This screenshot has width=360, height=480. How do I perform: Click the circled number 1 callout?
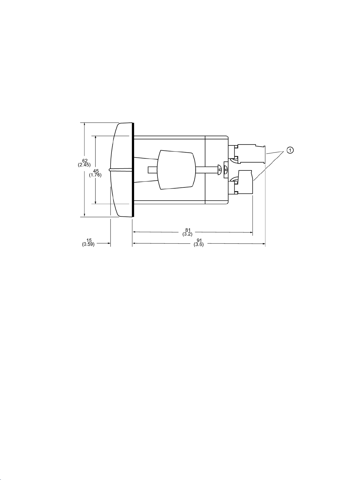(x=290, y=150)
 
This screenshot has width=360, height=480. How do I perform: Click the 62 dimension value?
(x=85, y=161)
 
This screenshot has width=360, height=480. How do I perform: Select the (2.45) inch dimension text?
(x=84, y=165)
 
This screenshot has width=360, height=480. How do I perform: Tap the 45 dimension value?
(x=96, y=171)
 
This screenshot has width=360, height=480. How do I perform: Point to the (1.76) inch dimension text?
(x=95, y=175)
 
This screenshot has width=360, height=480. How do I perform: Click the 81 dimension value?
(x=188, y=230)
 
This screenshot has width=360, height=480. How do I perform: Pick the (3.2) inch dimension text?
(x=188, y=234)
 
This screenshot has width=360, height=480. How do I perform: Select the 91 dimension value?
(x=199, y=241)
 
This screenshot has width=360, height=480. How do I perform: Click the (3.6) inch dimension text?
(x=198, y=245)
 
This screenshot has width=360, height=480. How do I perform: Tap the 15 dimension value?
(x=89, y=241)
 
